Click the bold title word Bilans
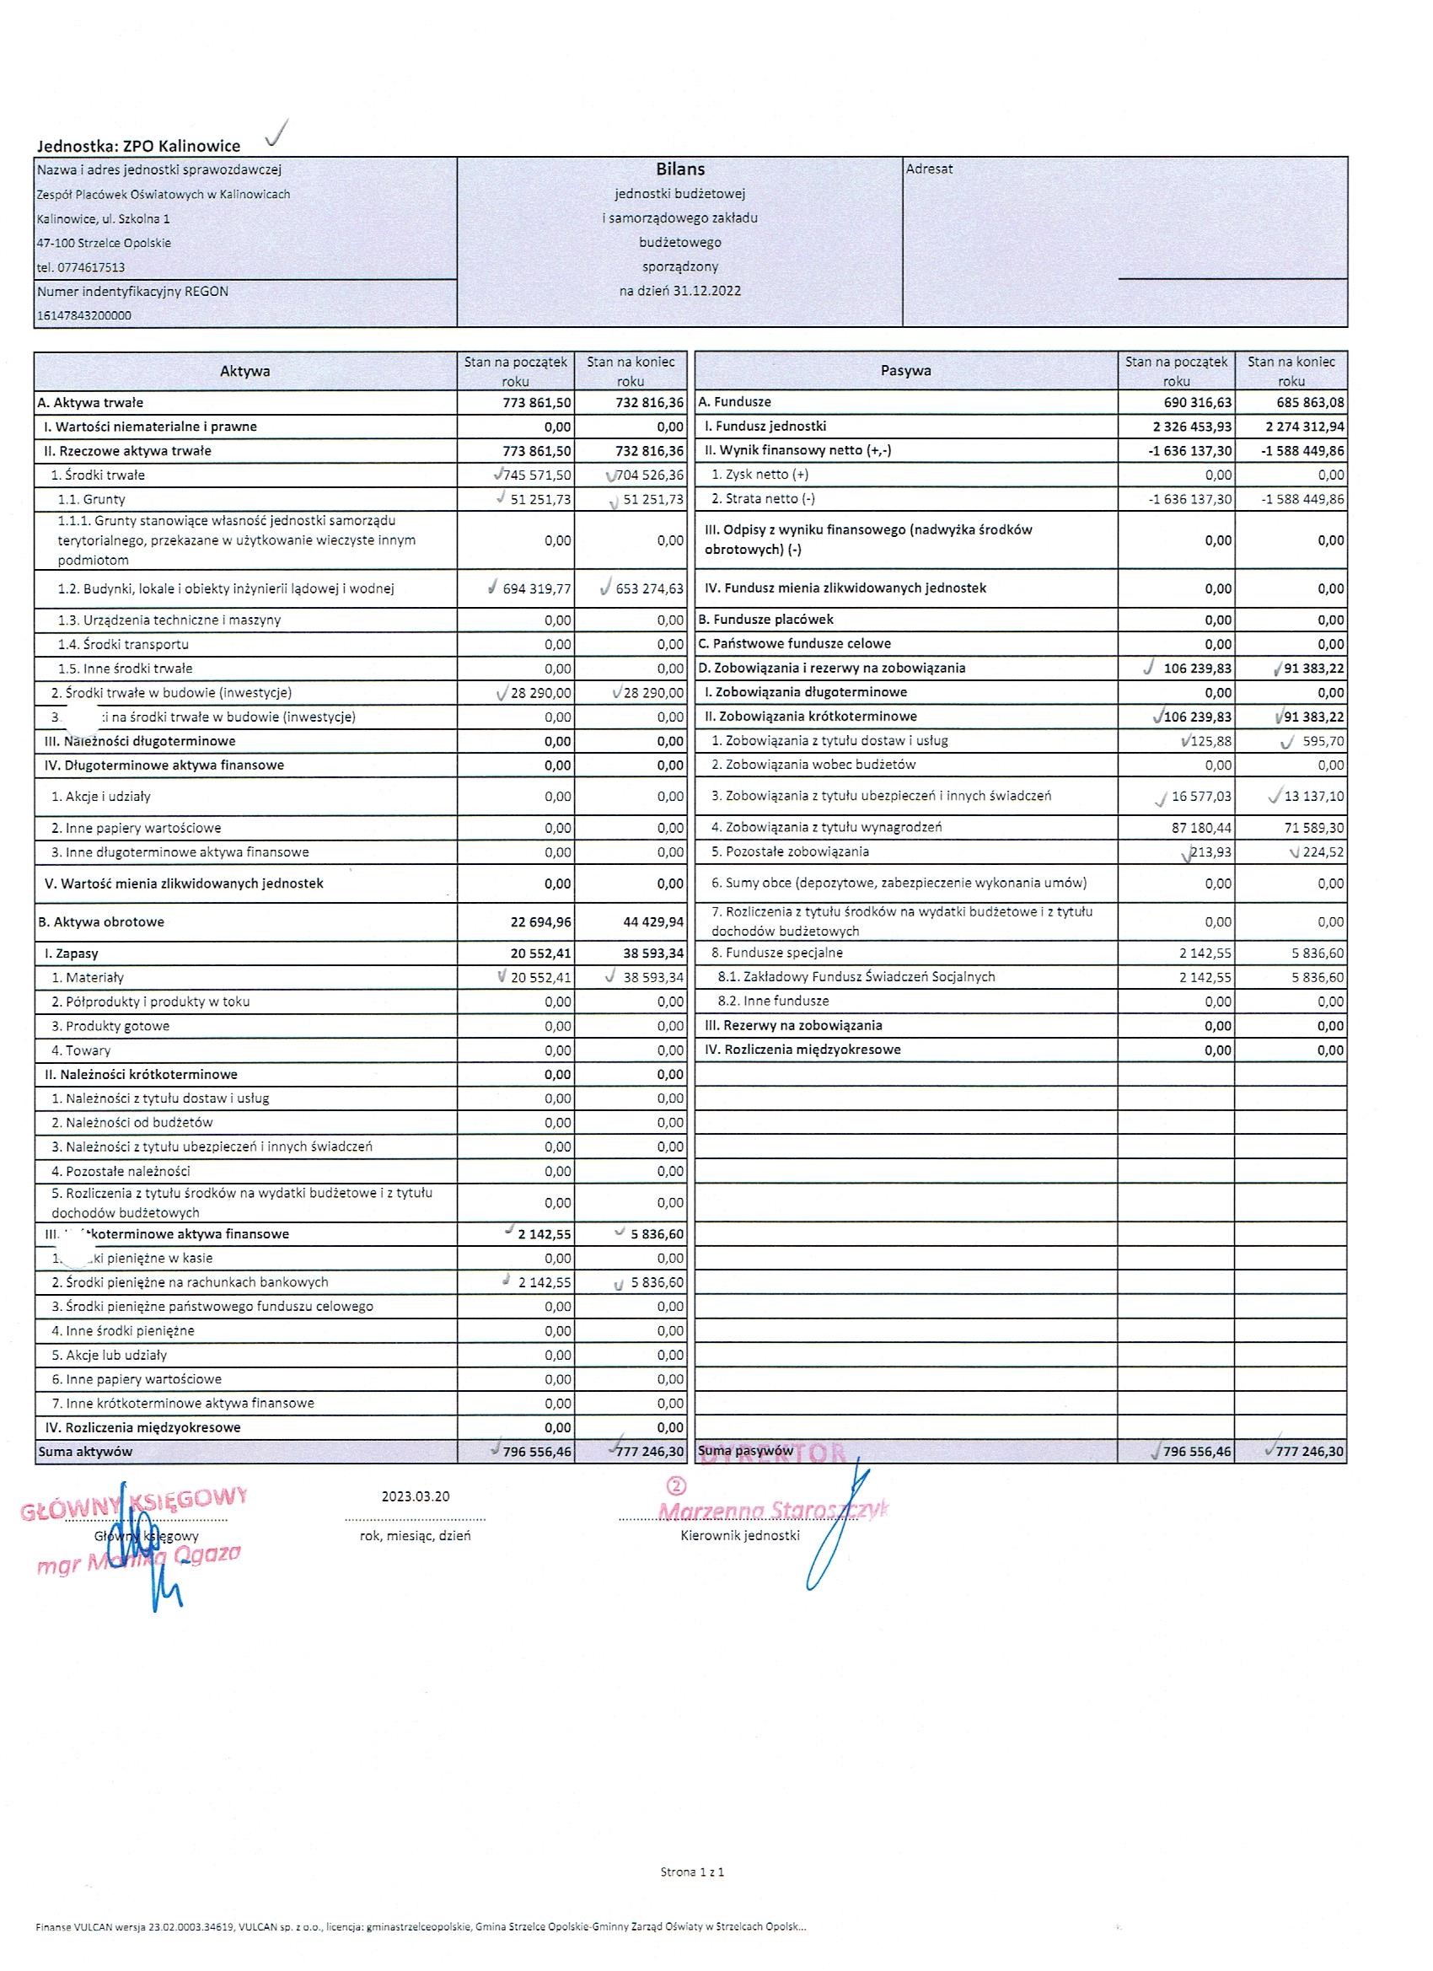(x=679, y=169)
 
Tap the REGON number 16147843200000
(x=84, y=316)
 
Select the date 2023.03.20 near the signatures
(x=416, y=1496)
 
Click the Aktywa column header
(x=245, y=371)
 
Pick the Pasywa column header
(x=905, y=370)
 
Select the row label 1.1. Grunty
(x=91, y=500)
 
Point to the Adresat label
(x=929, y=169)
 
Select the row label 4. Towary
(x=88, y=1050)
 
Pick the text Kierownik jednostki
(x=740, y=1536)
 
